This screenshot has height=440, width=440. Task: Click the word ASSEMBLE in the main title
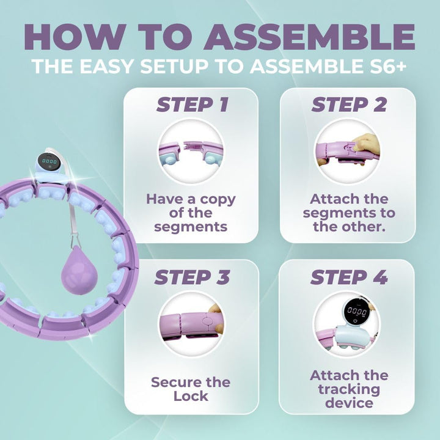point(309,37)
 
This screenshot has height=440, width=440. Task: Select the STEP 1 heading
point(193,105)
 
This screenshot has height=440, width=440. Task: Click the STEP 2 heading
point(349,105)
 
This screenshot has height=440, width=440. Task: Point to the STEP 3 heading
point(193,277)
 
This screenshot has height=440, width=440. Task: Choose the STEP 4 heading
point(349,277)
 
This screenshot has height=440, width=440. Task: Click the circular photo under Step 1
point(191,152)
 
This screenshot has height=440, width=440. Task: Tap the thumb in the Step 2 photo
point(365,146)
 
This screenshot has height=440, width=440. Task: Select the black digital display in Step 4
point(356,311)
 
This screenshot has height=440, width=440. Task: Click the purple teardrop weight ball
point(79,270)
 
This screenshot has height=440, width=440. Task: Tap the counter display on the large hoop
point(50,162)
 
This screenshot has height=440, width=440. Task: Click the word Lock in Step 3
point(191,396)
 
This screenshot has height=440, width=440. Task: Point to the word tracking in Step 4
point(349,389)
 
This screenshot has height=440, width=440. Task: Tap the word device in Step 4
point(349,403)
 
